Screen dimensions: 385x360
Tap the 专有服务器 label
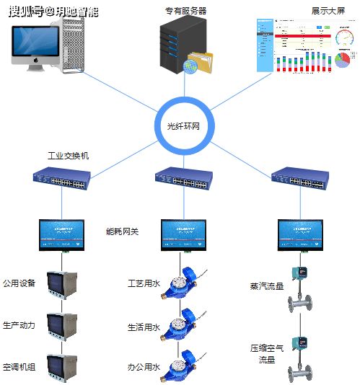tap(185, 11)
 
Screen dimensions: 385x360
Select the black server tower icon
tap(175, 44)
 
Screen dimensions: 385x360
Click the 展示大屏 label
tap(325, 12)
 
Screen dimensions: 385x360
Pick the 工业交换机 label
tap(69, 156)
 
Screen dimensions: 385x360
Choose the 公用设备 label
tap(19, 283)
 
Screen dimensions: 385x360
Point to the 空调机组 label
tap(19, 367)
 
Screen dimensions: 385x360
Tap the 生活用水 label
tap(143, 327)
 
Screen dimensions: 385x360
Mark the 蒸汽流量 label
tap(267, 287)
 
